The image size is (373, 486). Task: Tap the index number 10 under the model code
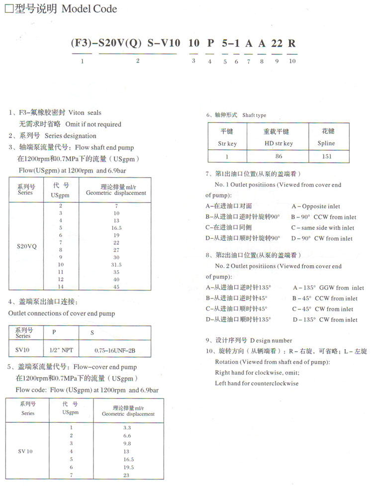pos(292,61)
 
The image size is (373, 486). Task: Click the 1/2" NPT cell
pos(61,350)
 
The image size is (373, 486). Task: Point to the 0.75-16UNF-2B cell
pos(115,350)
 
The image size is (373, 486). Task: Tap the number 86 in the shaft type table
pos(279,156)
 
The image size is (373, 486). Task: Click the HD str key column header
pos(278,143)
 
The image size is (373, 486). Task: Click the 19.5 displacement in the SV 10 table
pos(128,468)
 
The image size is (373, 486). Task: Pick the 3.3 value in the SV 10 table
pos(127,428)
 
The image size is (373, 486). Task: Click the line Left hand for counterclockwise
pos(257,384)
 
